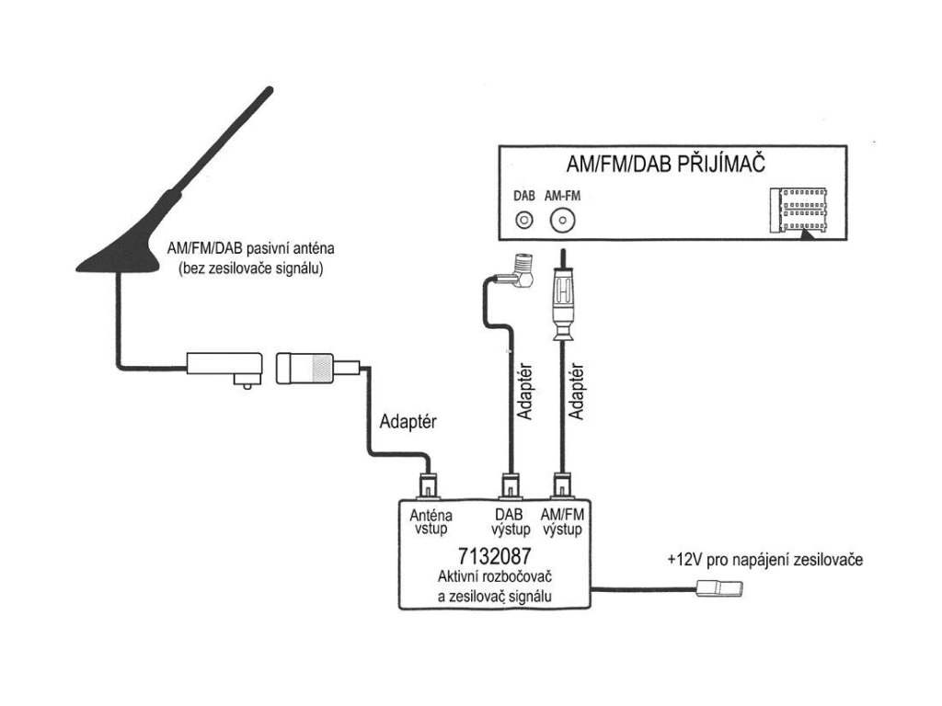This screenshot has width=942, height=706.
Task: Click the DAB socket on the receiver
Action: [524, 221]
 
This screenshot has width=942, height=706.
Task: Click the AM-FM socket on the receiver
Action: [561, 221]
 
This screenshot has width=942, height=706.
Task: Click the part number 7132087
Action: [497, 556]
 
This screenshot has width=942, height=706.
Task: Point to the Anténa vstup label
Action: [430, 522]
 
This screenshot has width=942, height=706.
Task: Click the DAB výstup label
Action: [511, 522]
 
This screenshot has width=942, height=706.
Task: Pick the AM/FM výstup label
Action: [565, 522]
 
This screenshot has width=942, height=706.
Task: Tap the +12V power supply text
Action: [764, 559]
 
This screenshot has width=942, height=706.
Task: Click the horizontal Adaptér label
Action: [407, 423]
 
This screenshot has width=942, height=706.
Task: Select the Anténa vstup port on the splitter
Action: [429, 484]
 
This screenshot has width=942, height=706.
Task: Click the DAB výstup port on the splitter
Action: [510, 484]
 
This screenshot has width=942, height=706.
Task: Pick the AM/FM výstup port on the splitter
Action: [564, 484]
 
